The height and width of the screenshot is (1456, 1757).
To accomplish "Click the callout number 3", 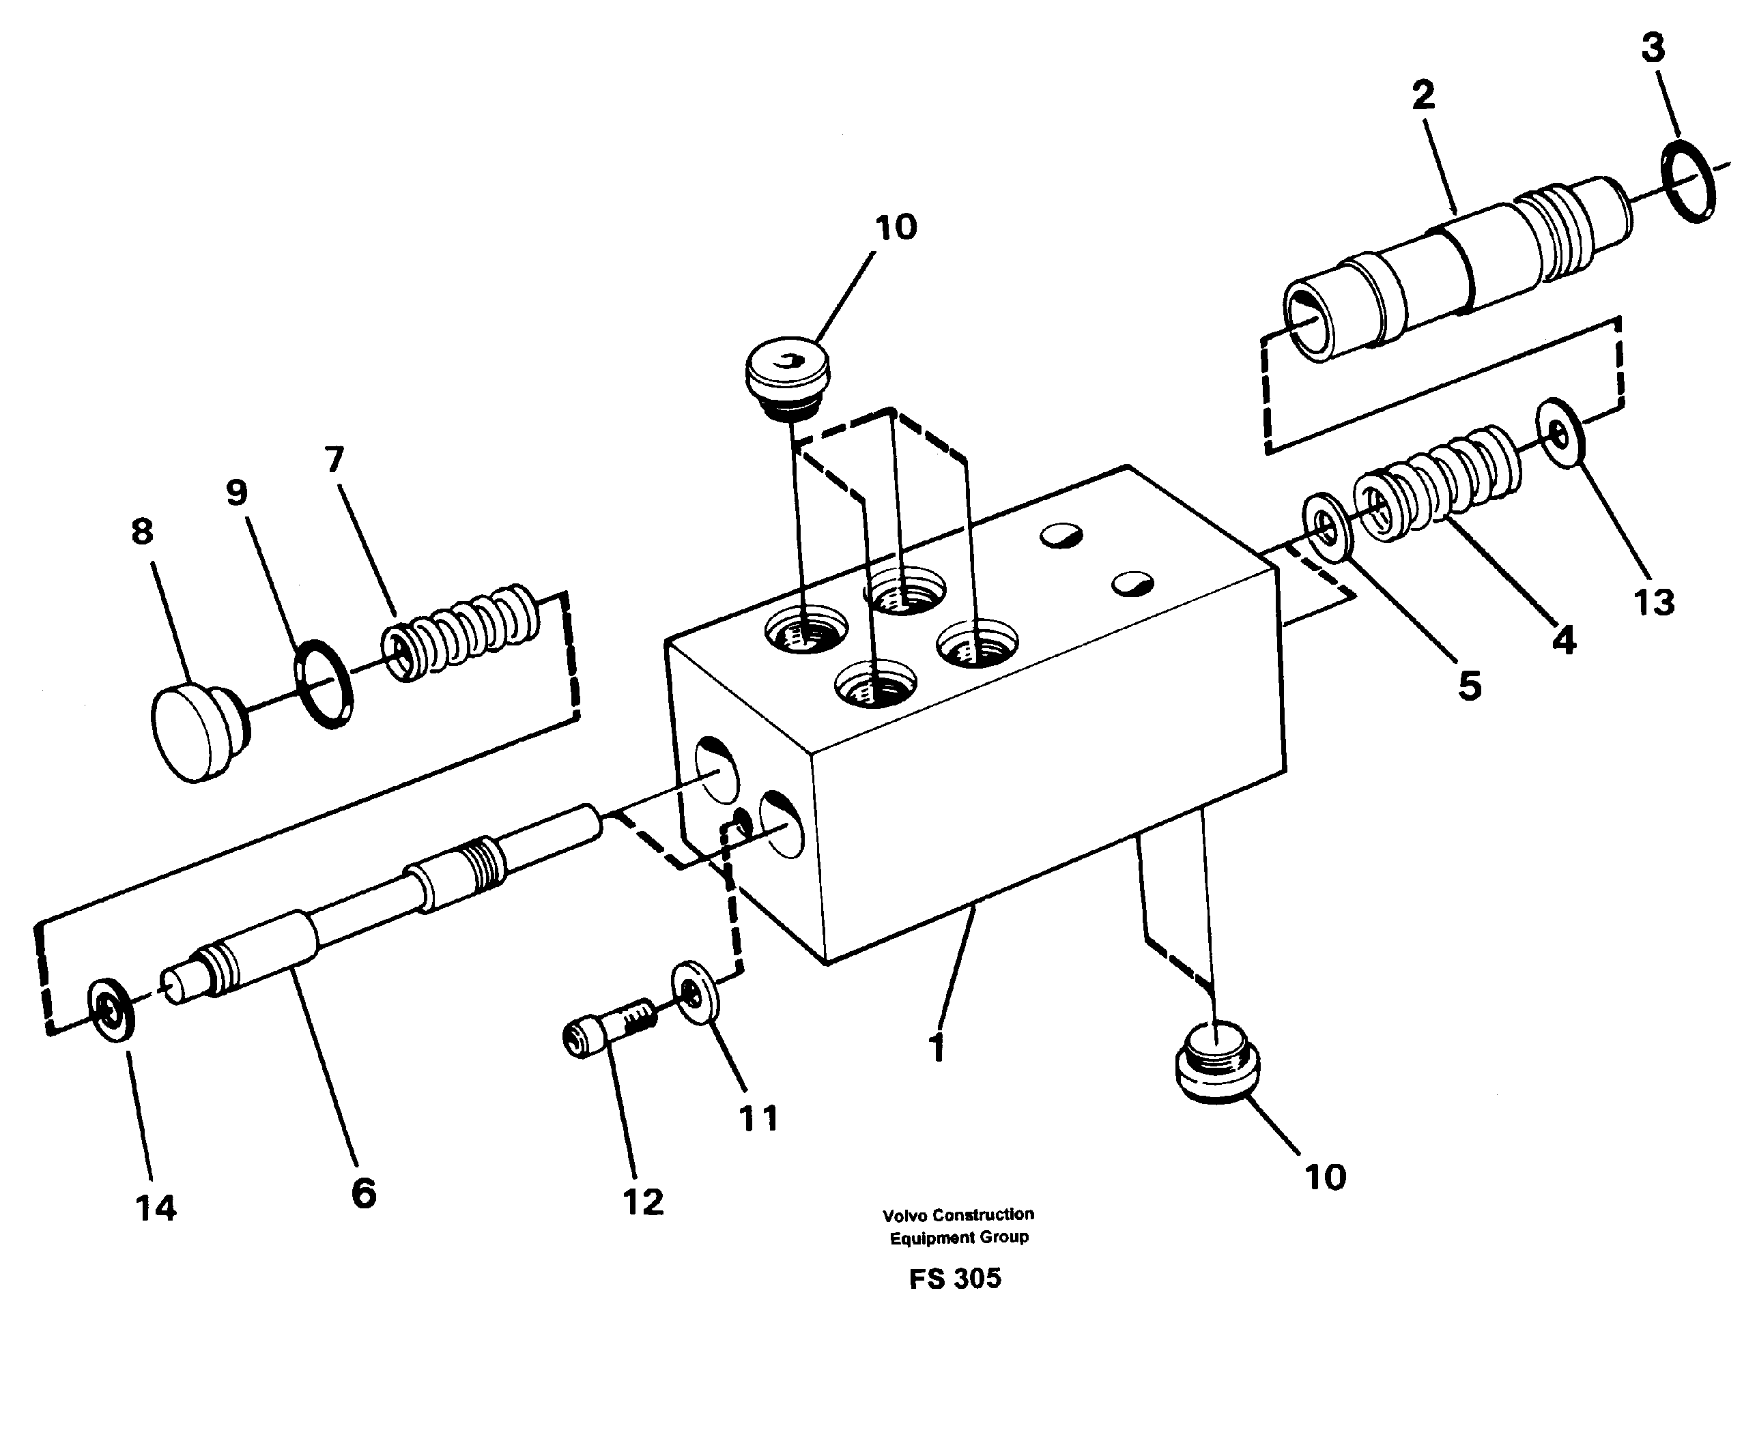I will click(1653, 48).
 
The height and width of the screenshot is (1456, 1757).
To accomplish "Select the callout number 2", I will click(1423, 96).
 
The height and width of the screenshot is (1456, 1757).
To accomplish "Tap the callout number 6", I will click(364, 1193).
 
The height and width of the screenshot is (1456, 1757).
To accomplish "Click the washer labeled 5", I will click(1328, 529).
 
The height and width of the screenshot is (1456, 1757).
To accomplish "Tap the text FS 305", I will click(955, 1279).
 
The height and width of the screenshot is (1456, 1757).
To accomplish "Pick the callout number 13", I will click(1654, 602).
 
